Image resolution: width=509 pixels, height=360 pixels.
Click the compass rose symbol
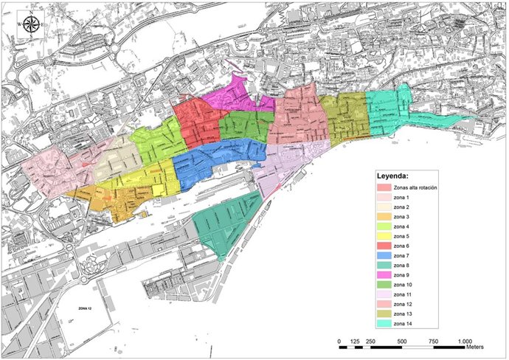31,25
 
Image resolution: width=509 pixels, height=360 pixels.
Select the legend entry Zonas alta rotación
416,188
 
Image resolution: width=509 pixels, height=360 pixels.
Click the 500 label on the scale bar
401,342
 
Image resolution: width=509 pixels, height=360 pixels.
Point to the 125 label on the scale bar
354,342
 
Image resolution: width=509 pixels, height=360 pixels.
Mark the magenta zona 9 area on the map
229,96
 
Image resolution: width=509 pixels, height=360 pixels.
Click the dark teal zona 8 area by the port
225,221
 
